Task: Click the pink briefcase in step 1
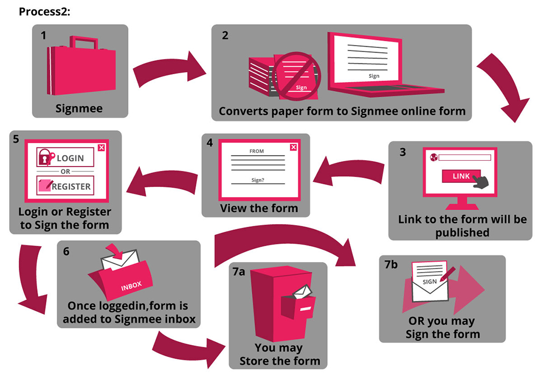coord(81,70)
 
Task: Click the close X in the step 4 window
coord(293,148)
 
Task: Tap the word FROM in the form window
coord(257,152)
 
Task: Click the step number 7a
coord(239,272)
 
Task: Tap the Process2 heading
coord(45,11)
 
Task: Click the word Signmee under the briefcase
coord(79,109)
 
